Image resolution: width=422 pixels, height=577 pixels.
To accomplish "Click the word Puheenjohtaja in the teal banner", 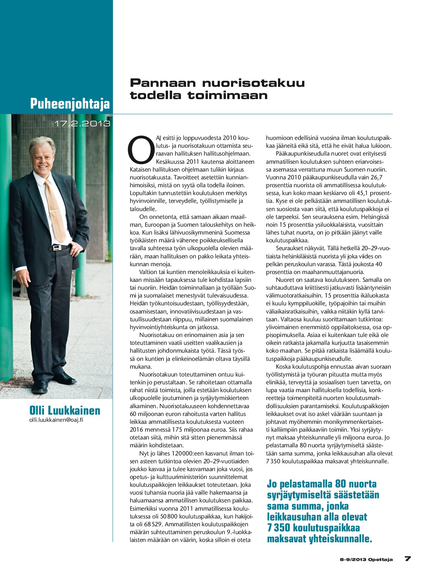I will coord(70,103).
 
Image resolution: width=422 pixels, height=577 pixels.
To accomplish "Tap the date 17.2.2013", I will coord(82,124).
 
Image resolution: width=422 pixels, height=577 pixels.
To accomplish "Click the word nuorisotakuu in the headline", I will coord(253,83).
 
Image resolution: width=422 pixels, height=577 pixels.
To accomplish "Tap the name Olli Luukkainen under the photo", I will coord(65,411).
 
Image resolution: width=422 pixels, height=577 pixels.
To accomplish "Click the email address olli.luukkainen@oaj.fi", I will coord(56,420).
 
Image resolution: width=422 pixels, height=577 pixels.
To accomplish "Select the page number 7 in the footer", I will coord(407,559).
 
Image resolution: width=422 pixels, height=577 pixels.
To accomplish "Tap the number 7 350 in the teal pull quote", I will coord(279,528).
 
